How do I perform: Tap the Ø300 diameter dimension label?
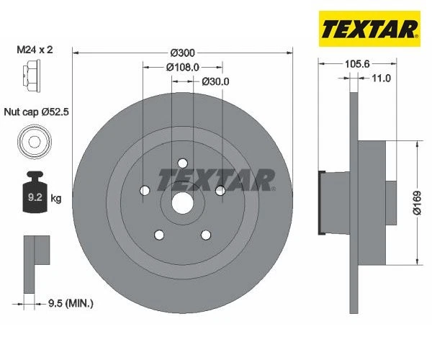(184, 53)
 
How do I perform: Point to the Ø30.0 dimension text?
(215, 81)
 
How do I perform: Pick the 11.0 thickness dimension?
(380, 78)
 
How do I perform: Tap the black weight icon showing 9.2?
(33, 193)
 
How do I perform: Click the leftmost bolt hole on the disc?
(145, 190)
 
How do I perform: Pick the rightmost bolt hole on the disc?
(220, 190)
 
